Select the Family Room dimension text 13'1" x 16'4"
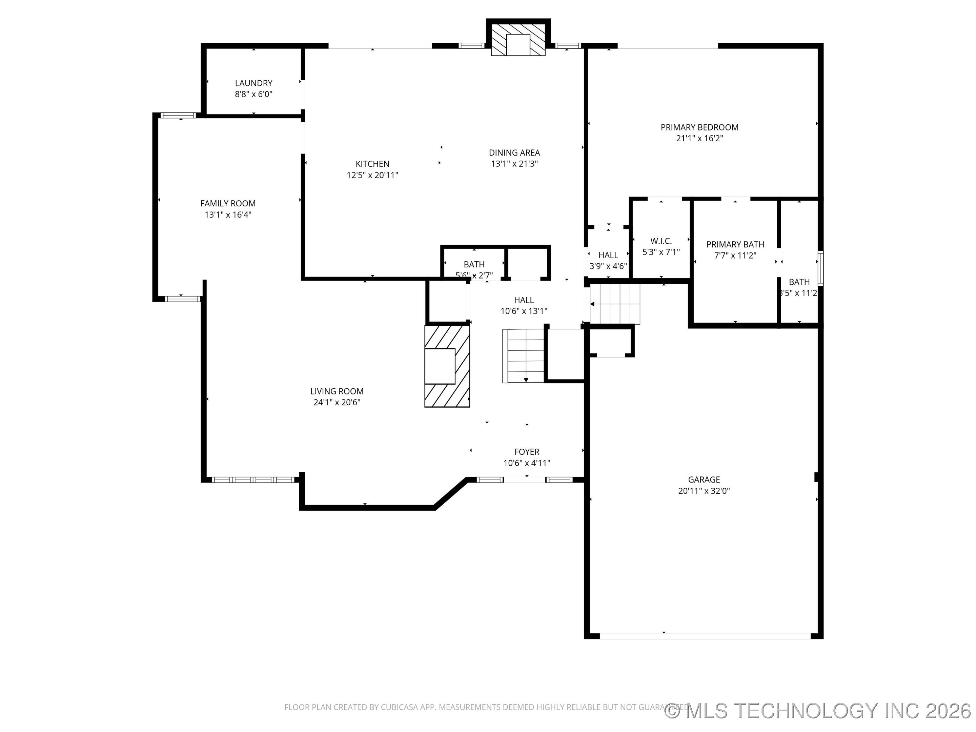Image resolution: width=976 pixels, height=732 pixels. pos(228,215)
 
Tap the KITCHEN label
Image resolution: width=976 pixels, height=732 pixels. pos(372,164)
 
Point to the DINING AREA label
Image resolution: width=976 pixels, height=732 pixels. pos(514,152)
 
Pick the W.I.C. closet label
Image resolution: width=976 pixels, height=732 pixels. pos(660,241)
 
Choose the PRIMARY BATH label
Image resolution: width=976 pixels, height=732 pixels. pos(735,244)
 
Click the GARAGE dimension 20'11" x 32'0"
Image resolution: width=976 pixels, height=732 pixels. pos(704,491)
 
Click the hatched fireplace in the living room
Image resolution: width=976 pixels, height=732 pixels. pos(447,366)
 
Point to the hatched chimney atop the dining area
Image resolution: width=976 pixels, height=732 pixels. pos(518,39)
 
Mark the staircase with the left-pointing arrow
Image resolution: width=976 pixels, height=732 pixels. pos(615,304)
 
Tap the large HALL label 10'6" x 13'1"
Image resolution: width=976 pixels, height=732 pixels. pos(524,300)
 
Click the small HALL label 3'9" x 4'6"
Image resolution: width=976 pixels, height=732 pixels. pos(608,255)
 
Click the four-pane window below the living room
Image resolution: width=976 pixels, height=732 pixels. pos(253,480)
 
